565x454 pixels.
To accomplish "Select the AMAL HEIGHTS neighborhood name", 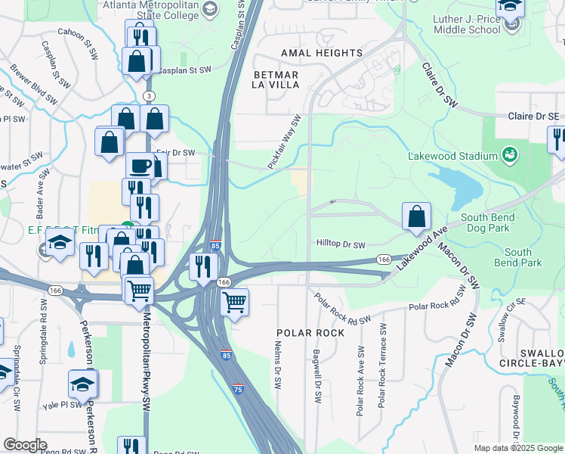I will point(321,53).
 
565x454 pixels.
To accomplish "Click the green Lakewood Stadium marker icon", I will point(511,155).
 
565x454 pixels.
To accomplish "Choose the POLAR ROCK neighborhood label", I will point(310,333).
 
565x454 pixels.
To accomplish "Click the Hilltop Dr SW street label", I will point(340,245).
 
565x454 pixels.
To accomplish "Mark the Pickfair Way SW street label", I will point(285,141).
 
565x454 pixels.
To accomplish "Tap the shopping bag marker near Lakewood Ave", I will point(416,217).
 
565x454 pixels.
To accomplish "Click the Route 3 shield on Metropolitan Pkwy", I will point(150,96).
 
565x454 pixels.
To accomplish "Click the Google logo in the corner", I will point(25,445).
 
